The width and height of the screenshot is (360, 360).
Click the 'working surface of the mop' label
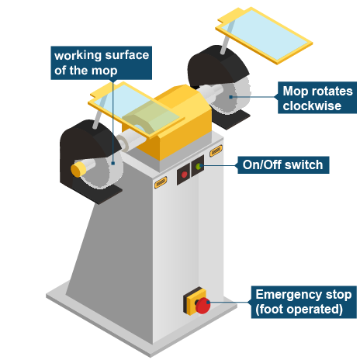(x=101, y=63)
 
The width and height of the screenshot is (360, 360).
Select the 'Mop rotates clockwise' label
(x=317, y=98)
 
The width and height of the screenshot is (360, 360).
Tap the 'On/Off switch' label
(x=283, y=164)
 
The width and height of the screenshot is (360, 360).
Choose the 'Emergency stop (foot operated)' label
(x=304, y=302)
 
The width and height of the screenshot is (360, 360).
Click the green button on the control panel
(x=199, y=167)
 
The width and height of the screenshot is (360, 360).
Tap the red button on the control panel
(x=184, y=175)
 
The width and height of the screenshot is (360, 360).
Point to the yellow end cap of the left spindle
(x=78, y=169)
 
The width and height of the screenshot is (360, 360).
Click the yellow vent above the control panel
(x=216, y=151)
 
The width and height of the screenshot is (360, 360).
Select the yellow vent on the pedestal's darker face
(x=161, y=182)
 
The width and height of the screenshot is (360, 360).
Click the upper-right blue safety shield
(x=264, y=35)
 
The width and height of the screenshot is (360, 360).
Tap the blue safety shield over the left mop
(x=137, y=109)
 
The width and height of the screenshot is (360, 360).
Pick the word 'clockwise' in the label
(x=312, y=106)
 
